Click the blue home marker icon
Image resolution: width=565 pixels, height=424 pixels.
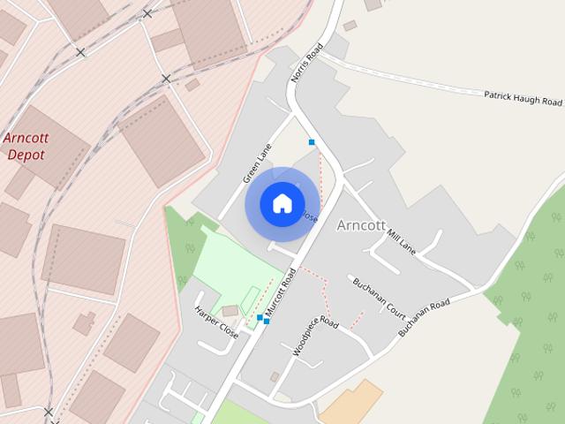(282, 203)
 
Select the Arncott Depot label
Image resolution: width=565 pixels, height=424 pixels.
(26, 146)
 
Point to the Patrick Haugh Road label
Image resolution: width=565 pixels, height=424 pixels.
(523, 97)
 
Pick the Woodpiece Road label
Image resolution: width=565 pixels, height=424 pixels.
(315, 336)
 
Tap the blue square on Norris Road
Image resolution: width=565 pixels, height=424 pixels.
(312, 141)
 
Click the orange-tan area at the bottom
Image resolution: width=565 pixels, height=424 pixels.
(351, 403)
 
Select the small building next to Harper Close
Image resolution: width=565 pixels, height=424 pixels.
(230, 311)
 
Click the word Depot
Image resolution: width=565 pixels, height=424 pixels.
(26, 155)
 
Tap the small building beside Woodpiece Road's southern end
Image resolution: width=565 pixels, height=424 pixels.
(275, 377)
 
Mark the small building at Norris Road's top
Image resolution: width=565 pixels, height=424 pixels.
(350, 26)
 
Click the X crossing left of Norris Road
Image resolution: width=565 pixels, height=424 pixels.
(166, 79)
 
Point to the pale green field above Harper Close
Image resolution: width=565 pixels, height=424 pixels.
(225, 265)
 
